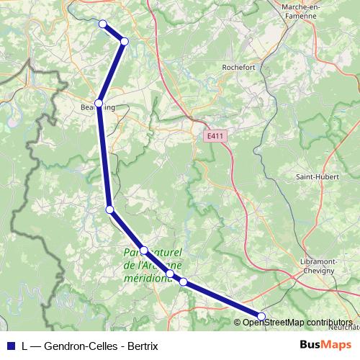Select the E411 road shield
tap(214, 136)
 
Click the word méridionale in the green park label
tap(148, 278)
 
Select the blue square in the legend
tap(10, 345)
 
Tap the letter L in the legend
tap(24, 345)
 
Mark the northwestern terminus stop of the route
tap(102, 24)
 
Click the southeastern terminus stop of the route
tap(261, 316)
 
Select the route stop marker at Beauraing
tap(99, 103)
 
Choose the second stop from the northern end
tap(125, 41)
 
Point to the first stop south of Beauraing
tap(109, 210)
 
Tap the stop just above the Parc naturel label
tap(144, 251)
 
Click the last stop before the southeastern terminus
tap(183, 282)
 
